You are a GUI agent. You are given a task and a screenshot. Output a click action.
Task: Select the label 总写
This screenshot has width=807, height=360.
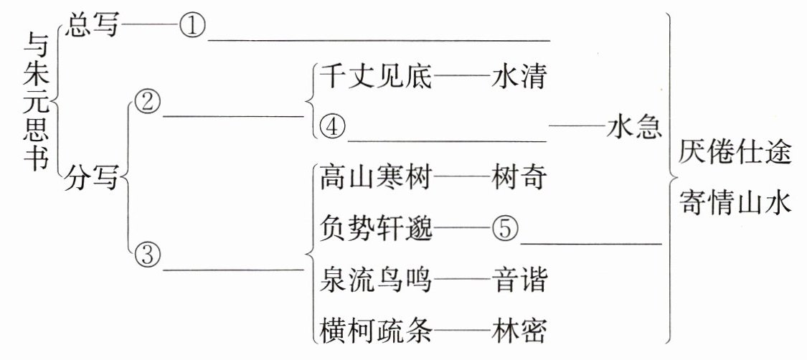pos(93,27)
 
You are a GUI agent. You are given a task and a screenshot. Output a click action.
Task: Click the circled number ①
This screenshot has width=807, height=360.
pos(192,28)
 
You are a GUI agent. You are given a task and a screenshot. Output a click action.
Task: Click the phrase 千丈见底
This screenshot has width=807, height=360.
pos(375,76)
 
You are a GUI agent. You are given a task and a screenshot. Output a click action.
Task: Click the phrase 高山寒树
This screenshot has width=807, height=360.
pos(375,177)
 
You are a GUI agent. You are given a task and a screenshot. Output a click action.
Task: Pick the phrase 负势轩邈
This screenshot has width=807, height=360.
pos(375,229)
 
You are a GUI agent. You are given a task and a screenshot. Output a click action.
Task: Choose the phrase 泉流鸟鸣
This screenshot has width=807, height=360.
pos(375,280)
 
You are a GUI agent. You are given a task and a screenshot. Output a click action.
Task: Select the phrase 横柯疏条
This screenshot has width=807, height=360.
pos(375,331)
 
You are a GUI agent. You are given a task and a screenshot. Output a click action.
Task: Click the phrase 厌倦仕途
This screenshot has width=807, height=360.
pos(735,153)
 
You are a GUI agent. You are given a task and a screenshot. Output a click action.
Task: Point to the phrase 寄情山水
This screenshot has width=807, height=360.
pos(735,204)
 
